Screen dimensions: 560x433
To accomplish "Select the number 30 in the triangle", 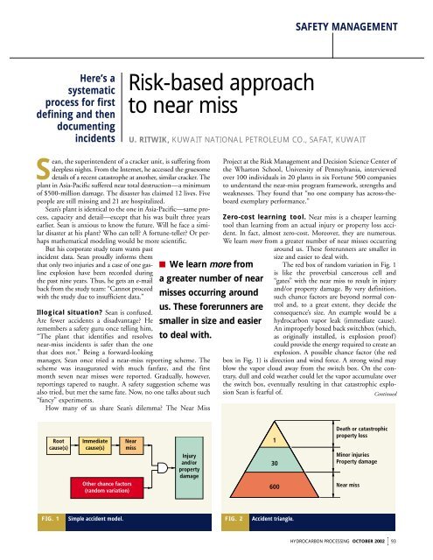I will [x=274, y=462].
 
